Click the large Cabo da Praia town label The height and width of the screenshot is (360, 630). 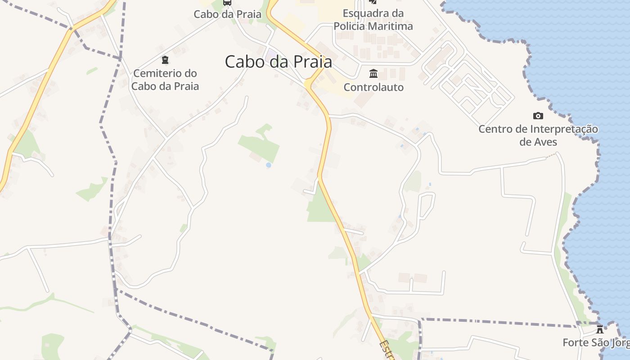tap(279, 62)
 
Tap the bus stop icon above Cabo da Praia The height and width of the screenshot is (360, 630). tap(227, 2)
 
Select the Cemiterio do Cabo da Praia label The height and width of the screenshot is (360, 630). tap(165, 80)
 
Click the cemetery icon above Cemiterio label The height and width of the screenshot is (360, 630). tap(165, 59)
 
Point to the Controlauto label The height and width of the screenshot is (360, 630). tap(373, 87)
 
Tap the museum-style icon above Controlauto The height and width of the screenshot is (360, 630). tap(373, 73)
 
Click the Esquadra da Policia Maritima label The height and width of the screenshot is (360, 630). tap(373, 20)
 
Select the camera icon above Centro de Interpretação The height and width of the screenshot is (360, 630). tap(538, 116)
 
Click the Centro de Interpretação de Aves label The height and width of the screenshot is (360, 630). tap(538, 135)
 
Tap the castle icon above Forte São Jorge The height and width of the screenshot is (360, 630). tap(599, 329)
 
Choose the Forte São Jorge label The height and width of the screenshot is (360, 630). tap(596, 343)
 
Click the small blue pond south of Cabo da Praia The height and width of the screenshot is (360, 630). tap(269, 165)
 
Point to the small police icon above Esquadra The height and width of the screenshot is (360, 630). tap(373, 2)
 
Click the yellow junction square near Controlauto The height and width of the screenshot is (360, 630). tap(308, 84)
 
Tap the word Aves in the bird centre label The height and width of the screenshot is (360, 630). tap(538, 142)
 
